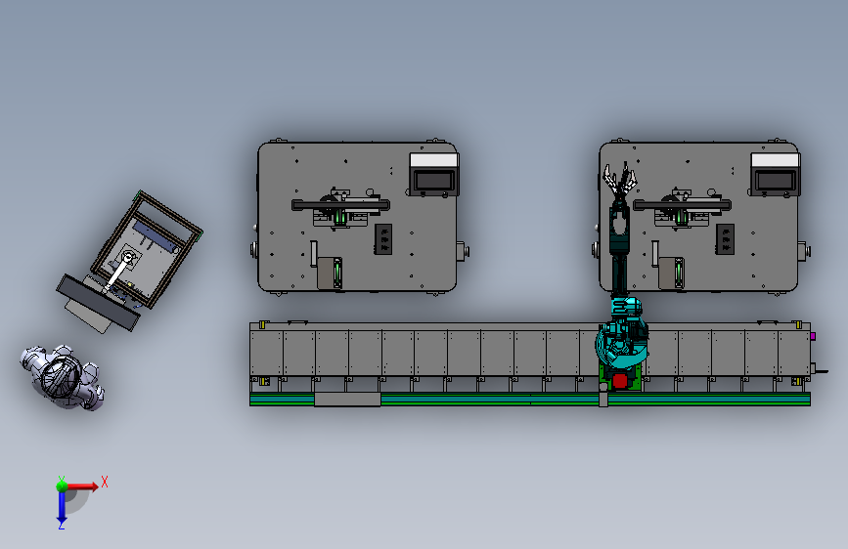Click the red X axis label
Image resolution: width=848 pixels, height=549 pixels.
[105, 482]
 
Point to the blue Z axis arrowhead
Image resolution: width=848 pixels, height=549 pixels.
[62, 522]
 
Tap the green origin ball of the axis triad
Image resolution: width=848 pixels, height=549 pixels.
[63, 486]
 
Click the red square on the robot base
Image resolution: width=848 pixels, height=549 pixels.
[620, 380]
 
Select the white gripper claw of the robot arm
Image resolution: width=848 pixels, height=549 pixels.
[620, 180]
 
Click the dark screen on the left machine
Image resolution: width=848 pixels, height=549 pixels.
[434, 180]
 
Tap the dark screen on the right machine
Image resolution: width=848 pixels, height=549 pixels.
[776, 180]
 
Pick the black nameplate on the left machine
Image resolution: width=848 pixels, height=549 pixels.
[383, 239]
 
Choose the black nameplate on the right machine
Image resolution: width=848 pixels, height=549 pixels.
[725, 239]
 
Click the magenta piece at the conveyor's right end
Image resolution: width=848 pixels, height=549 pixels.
[813, 336]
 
